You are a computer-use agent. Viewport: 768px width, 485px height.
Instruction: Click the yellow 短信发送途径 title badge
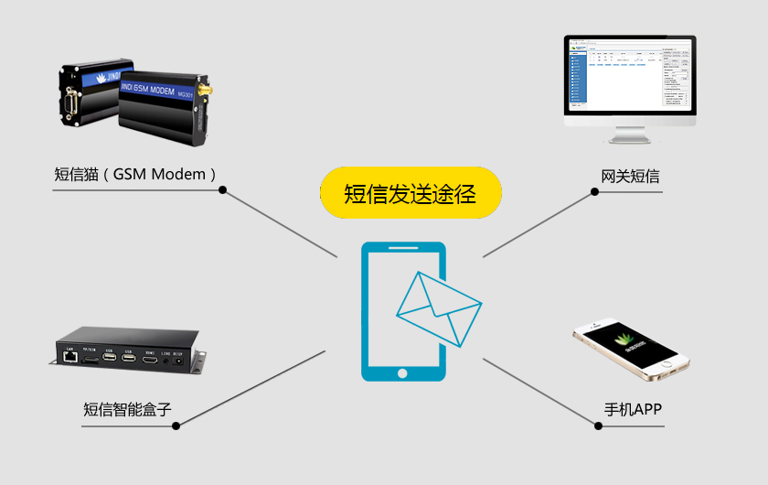coord(411,193)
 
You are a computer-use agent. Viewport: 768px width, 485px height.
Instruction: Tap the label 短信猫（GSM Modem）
coord(137,174)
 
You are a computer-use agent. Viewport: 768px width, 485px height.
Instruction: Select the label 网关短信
coord(630,176)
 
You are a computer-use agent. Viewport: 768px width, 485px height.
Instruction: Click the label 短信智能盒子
coord(127,409)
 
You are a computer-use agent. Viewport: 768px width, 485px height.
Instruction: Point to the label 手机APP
coord(633,409)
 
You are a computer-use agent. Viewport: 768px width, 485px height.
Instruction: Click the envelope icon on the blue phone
coord(438,307)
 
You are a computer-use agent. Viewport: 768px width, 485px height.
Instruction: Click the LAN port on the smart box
coord(70,358)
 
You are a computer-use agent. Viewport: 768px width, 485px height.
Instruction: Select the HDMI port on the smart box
coord(151,358)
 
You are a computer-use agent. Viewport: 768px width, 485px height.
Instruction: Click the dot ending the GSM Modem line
coord(223,190)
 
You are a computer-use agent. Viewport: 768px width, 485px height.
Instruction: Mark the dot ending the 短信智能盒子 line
coord(177,425)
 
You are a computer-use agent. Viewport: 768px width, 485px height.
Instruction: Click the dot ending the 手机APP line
coord(594,425)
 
